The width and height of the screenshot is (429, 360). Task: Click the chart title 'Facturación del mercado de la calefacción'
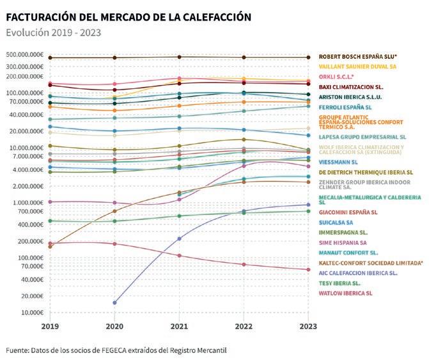128,17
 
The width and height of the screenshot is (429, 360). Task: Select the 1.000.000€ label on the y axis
26,203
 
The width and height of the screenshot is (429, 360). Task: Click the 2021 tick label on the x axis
180,326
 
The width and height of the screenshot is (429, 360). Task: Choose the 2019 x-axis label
50,326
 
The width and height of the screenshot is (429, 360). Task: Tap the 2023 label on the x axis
308,326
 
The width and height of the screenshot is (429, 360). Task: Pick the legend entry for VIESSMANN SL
342,162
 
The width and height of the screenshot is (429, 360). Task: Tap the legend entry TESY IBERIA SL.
339,283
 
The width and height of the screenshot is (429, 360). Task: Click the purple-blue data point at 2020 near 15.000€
114,302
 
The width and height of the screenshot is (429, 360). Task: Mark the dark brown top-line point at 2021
180,58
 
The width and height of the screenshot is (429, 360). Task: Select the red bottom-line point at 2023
308,270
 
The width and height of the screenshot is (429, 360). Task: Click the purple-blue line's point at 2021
180,239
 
